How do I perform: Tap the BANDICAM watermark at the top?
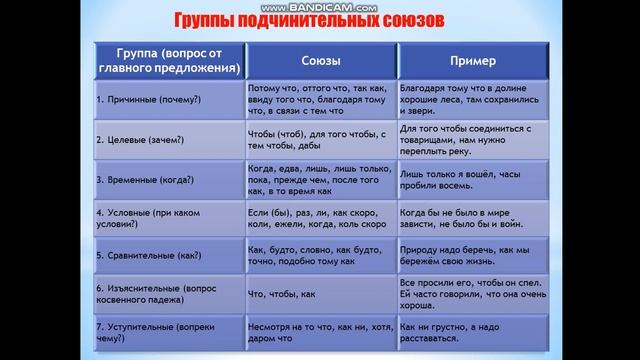click(x=320, y=5)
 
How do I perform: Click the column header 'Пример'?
click(x=474, y=61)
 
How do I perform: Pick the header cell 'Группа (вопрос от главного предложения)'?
click(x=167, y=61)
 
